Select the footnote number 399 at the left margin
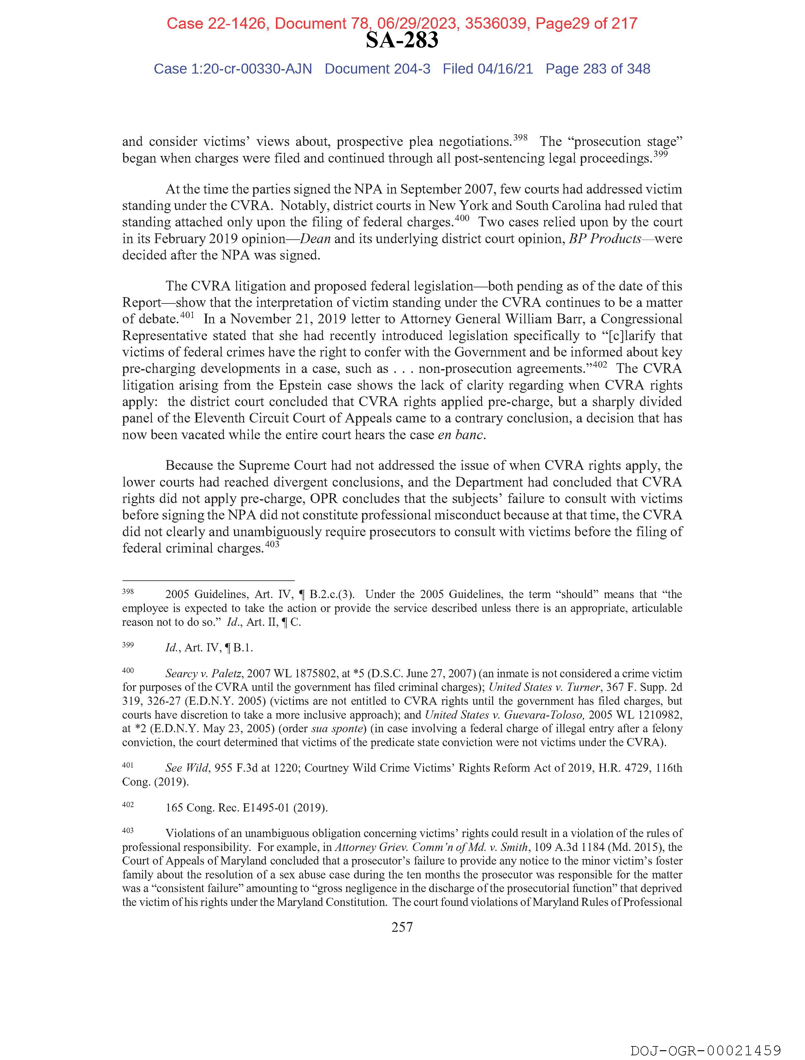pos(128,645)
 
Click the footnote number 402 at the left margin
pos(128,805)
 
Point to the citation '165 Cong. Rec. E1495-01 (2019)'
pos(246,808)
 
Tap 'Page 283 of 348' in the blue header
pos(598,69)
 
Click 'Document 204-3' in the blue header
pos(378,69)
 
